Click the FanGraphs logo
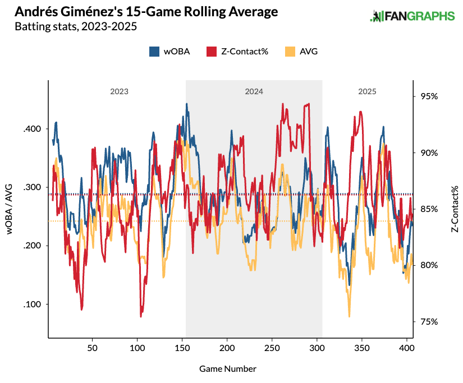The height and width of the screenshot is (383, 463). coord(412,16)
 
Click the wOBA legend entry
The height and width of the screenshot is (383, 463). coord(169,52)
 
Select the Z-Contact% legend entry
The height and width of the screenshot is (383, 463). coord(237,52)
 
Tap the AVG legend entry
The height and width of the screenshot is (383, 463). coord(302,52)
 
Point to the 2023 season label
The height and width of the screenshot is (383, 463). coord(119,91)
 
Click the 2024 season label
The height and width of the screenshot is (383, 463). coord(254,91)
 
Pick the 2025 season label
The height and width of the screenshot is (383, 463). coord(367,91)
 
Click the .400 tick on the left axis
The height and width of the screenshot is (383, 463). coord(31,129)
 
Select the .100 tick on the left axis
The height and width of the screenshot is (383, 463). coord(31,304)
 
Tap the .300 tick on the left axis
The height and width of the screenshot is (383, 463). coord(31,187)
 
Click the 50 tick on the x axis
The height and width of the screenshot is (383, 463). coord(93,348)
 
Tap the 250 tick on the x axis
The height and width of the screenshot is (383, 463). coord(272,348)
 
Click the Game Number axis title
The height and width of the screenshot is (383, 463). coord(228,368)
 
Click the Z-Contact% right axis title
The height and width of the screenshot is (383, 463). coord(455,209)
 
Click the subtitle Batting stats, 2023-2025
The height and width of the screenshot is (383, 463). coord(76,26)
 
